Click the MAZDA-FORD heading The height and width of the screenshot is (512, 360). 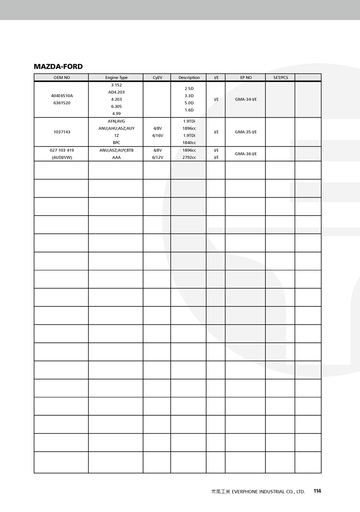[58, 67]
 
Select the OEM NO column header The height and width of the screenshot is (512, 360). [62, 77]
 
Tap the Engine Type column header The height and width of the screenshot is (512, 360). [117, 77]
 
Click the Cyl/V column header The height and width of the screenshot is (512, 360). [157, 77]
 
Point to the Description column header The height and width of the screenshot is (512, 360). [189, 77]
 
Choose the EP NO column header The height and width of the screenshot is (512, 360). [246, 77]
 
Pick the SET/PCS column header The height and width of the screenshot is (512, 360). [281, 77]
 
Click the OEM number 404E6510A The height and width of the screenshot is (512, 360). [62, 96]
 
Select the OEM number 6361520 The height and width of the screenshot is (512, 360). [62, 103]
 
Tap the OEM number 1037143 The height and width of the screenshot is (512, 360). [62, 132]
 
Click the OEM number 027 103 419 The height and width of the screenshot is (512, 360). [62, 150]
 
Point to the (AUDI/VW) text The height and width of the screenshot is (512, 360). [62, 157]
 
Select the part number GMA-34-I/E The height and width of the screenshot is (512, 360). [246, 99]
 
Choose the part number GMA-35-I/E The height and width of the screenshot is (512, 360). [246, 132]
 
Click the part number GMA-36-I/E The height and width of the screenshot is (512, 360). [246, 154]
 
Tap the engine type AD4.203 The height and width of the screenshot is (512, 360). [117, 92]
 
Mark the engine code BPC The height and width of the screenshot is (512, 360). [117, 143]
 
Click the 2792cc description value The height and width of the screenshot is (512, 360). [189, 157]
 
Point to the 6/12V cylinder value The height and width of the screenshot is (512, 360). [157, 157]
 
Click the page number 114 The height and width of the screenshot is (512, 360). [317, 491]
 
